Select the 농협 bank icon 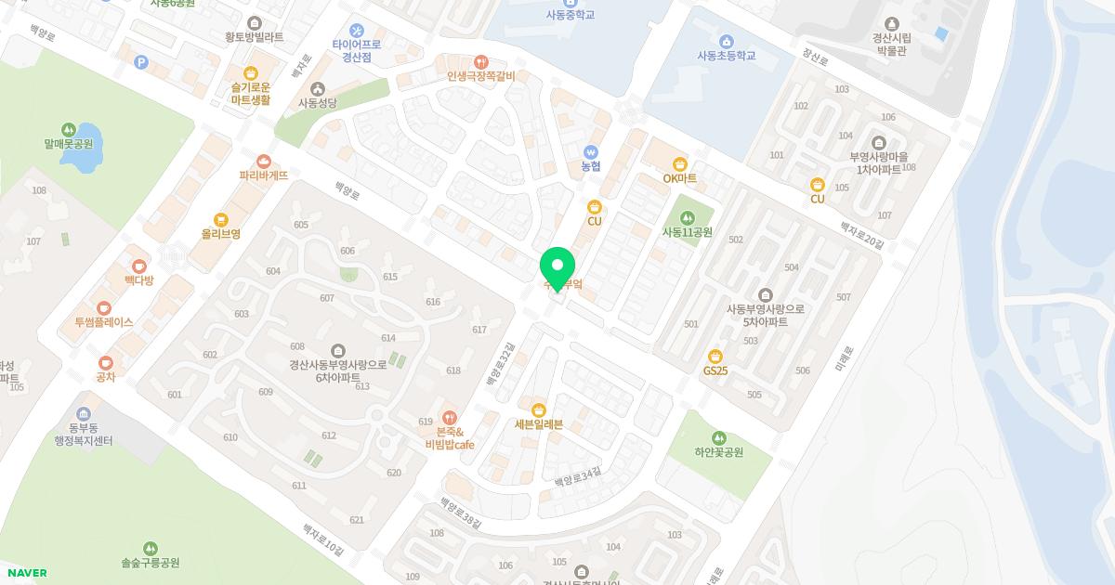591,151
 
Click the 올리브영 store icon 221,220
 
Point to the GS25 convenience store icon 715,356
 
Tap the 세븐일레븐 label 539,425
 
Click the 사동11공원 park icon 687,217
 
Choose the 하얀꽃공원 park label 718,452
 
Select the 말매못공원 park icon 68,129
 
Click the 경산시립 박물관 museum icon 892,23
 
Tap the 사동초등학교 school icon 726,41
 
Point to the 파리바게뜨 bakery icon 264,161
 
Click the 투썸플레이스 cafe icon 104,307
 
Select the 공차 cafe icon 105,362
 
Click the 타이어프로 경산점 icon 357,31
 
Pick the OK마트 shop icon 680,163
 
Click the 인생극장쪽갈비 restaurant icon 480,61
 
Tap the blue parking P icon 141,62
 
